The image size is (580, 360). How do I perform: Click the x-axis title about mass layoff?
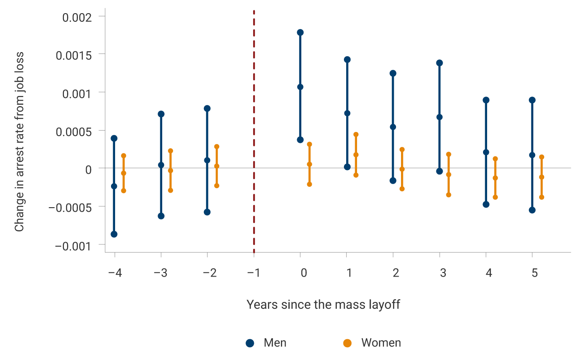323,304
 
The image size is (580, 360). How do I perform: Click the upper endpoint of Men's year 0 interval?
300,32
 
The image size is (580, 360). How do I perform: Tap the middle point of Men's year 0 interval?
300,87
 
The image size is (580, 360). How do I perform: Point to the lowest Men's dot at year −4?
114,234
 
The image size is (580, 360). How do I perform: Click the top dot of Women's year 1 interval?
356,134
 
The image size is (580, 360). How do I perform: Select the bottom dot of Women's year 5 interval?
541,197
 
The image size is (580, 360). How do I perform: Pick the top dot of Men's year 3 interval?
440,63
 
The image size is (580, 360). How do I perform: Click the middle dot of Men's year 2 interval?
393,126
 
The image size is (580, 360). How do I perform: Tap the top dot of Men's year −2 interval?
207,108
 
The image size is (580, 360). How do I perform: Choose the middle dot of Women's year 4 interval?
495,178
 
